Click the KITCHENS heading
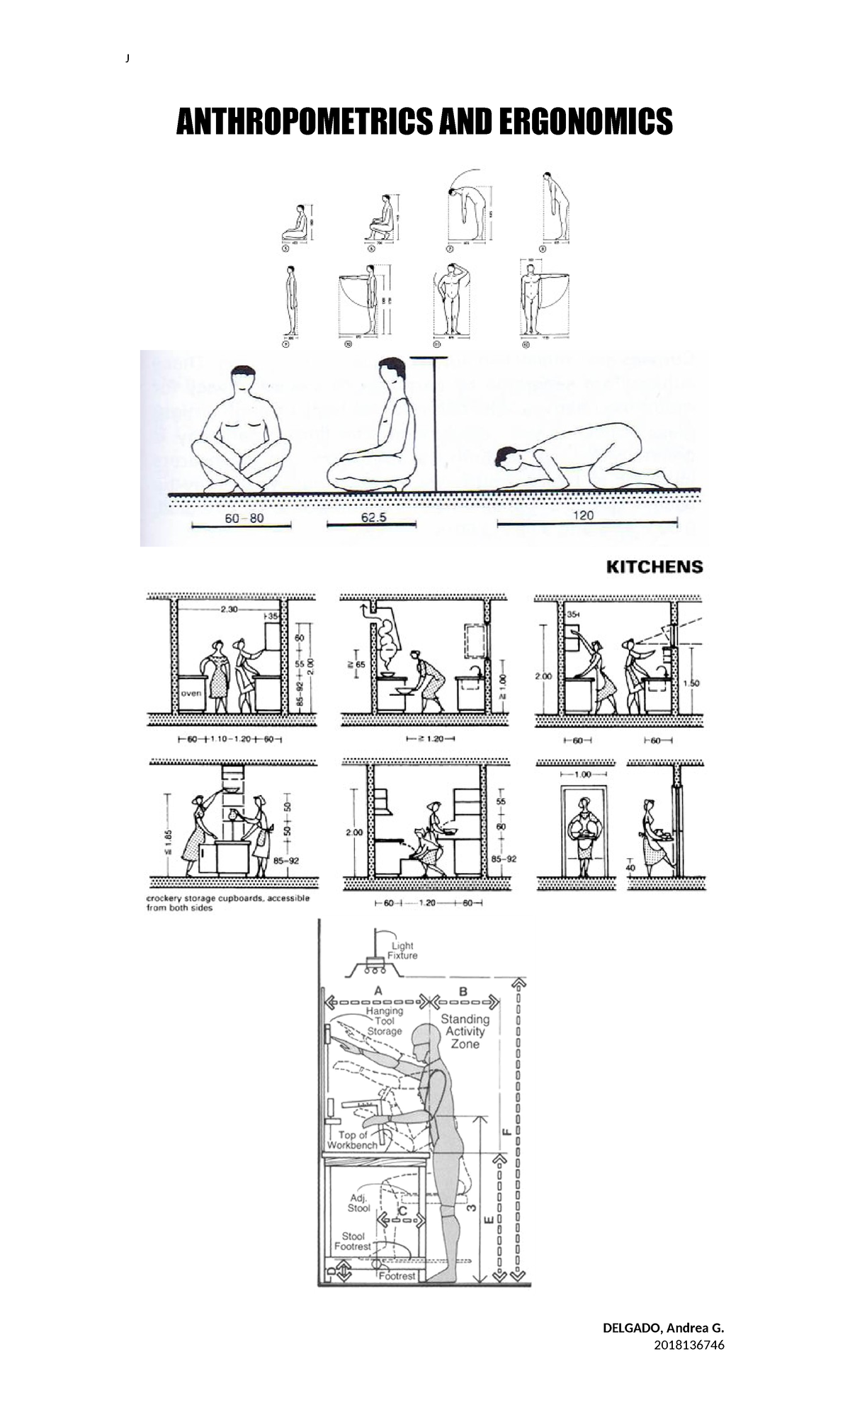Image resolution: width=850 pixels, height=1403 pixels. [654, 567]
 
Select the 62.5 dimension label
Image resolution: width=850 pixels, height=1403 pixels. [373, 517]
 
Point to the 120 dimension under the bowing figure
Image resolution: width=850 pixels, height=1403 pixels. [583, 515]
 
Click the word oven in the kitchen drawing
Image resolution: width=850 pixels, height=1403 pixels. [191, 694]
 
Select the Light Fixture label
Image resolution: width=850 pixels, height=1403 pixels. [404, 950]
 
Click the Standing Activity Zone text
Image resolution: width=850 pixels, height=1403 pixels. [465, 1031]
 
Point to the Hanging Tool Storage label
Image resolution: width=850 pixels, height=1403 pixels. [385, 1021]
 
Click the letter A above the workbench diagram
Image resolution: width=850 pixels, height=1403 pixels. [378, 990]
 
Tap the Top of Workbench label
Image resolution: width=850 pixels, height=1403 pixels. [352, 1139]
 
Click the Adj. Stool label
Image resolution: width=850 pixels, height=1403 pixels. [358, 1202]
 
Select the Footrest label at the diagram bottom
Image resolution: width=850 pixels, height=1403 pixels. [397, 1275]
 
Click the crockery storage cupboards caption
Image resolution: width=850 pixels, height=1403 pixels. [227, 903]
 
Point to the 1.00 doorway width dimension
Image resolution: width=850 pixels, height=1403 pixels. [582, 774]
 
